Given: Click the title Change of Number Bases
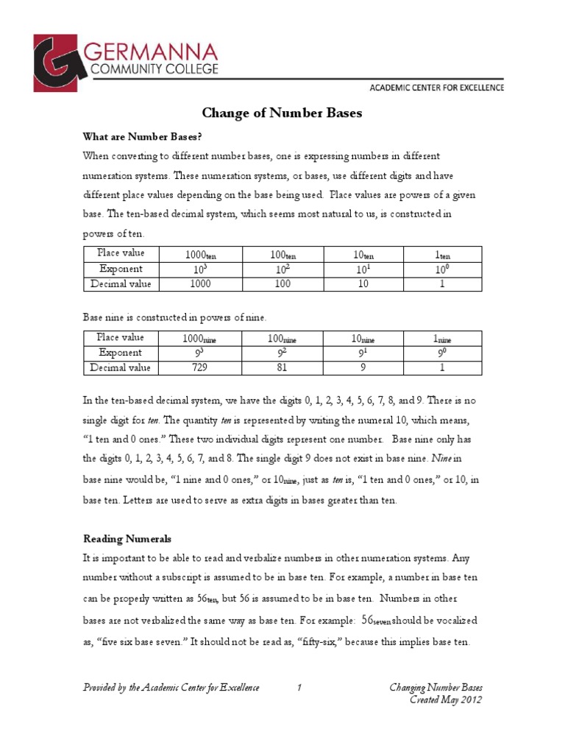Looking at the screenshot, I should (282, 113).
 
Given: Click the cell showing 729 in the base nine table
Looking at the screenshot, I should (200, 367).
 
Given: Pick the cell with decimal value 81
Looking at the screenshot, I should (283, 367).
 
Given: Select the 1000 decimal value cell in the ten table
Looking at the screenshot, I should (200, 283).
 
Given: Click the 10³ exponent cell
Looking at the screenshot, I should (200, 268).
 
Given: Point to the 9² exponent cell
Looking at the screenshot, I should (283, 353).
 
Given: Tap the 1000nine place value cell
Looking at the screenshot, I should (200, 338).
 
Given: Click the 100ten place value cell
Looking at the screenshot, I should (283, 254).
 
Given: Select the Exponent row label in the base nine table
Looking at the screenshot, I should (121, 353).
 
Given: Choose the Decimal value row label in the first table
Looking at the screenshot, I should (121, 283).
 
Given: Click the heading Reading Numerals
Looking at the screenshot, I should (126, 539).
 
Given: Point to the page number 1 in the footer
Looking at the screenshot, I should (299, 688).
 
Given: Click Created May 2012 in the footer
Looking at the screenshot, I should (446, 700).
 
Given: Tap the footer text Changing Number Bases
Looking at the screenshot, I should (436, 688).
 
